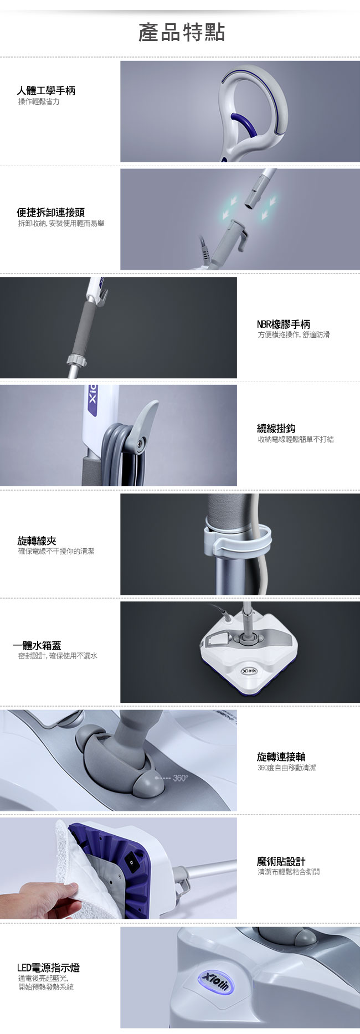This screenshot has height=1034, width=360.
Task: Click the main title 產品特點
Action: (x=182, y=33)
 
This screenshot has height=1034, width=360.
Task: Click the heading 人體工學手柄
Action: (x=46, y=90)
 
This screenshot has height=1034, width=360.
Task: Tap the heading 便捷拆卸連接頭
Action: (x=51, y=212)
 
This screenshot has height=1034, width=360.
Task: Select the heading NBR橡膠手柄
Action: (x=284, y=324)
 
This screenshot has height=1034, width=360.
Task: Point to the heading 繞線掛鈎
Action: (x=276, y=428)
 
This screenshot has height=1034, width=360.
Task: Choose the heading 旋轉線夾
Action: (x=37, y=541)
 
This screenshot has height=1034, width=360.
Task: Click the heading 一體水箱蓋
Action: (x=37, y=645)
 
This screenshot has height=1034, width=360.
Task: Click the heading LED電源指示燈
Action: (x=49, y=968)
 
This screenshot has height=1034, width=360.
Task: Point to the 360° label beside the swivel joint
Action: (x=181, y=778)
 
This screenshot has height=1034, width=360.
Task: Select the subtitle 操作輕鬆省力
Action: (x=39, y=102)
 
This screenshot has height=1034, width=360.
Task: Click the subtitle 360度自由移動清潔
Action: (x=286, y=768)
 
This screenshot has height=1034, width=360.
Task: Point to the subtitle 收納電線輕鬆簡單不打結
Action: (x=295, y=439)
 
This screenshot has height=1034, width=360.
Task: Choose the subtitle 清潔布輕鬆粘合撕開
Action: (x=288, y=872)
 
